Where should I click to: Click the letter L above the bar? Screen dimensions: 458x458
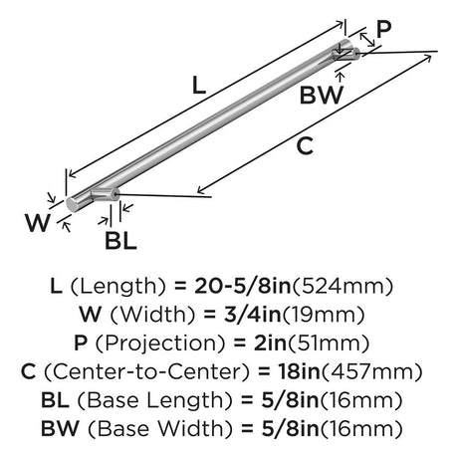coord(199,85)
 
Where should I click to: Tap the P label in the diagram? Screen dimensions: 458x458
coord(383,29)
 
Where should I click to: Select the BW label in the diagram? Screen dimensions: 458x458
coord(321,96)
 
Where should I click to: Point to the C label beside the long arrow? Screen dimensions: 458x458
coord(305,146)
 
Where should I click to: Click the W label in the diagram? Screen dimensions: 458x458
coord(38,223)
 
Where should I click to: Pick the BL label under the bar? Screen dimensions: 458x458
coord(120,241)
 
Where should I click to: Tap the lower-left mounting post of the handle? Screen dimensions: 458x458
coord(105,194)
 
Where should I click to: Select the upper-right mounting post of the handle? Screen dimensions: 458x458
coord(346,54)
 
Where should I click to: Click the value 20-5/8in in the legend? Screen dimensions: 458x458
coord(243,286)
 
